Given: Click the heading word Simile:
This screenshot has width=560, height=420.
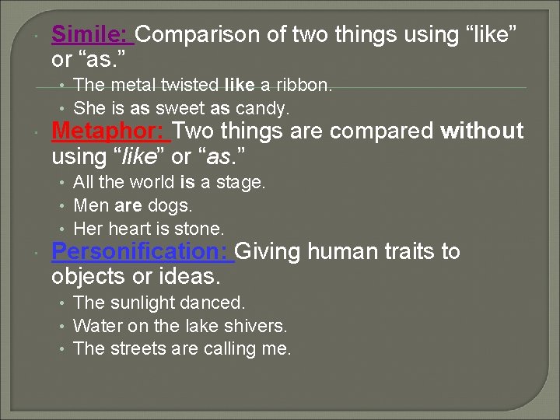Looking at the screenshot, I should (93, 35).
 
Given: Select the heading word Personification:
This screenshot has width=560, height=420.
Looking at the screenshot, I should (142, 252).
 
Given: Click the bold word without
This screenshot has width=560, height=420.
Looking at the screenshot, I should (481, 131).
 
